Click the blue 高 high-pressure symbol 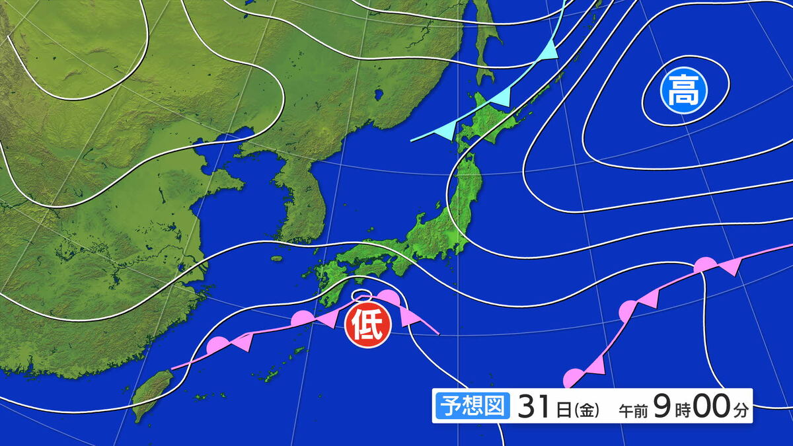coord(683,92)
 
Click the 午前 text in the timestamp coord(633,410)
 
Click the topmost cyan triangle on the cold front coord(548,52)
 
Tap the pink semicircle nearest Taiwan coord(217,345)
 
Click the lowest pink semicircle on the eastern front coord(571,379)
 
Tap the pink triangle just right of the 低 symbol coord(410,318)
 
